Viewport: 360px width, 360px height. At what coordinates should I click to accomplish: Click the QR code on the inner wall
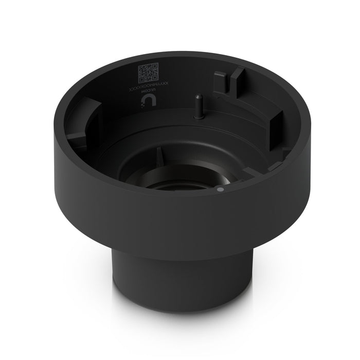click(148, 74)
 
